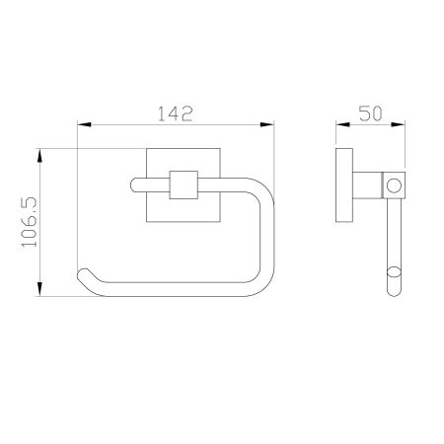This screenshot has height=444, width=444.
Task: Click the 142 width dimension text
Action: [175, 113]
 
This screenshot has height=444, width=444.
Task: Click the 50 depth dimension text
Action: [370, 113]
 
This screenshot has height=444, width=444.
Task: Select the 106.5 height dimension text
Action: [30, 222]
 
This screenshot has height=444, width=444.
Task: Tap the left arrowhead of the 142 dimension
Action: [84, 124]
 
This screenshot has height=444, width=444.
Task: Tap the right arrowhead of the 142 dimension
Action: [266, 124]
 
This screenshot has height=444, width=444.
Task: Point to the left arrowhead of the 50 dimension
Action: [342, 124]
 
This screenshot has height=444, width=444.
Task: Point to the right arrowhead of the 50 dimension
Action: [399, 124]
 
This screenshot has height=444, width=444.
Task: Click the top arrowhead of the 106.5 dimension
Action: [39, 155]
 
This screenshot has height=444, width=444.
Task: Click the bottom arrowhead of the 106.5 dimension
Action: [39, 289]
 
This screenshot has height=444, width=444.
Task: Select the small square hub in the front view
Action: [184, 185]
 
